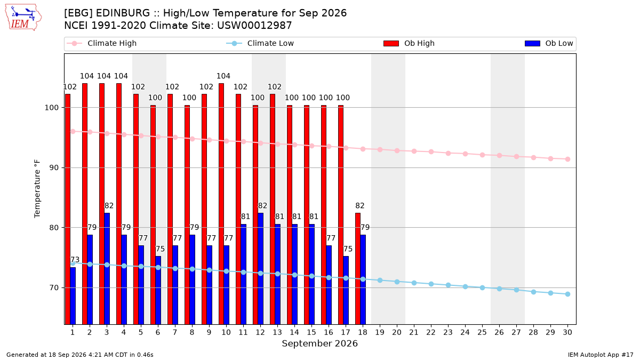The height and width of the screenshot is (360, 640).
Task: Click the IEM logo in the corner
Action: pyautogui.click(x=23, y=18)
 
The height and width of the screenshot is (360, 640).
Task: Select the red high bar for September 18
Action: pyautogui.click(x=358, y=269)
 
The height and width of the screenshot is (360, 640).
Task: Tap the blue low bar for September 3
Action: pyautogui.click(x=107, y=269)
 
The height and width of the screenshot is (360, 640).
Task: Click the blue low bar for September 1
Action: pyautogui.click(x=73, y=295)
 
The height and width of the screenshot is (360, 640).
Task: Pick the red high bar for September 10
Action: pyautogui.click(x=221, y=204)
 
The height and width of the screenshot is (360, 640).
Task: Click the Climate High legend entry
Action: pyautogui.click(x=101, y=43)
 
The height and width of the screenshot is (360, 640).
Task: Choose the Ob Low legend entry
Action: pyautogui.click(x=549, y=43)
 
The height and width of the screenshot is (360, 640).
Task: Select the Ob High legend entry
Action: pyautogui.click(x=409, y=43)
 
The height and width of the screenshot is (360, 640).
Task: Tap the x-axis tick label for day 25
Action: pyautogui.click(x=482, y=332)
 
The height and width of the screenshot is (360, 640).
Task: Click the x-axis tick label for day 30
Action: pyautogui.click(x=567, y=332)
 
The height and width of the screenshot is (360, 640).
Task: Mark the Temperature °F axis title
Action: pyautogui.click(x=37, y=189)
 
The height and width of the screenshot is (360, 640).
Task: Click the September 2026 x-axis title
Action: pyautogui.click(x=319, y=343)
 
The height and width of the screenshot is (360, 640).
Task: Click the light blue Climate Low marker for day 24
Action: pyautogui.click(x=465, y=286)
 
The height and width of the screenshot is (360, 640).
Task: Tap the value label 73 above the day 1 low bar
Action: pyautogui.click(x=75, y=260)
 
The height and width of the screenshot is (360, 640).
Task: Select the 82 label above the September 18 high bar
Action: pyautogui.click(x=360, y=206)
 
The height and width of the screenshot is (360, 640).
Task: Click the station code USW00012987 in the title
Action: pyautogui.click(x=254, y=26)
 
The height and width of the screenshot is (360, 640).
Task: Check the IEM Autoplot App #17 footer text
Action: pyautogui.click(x=601, y=355)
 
